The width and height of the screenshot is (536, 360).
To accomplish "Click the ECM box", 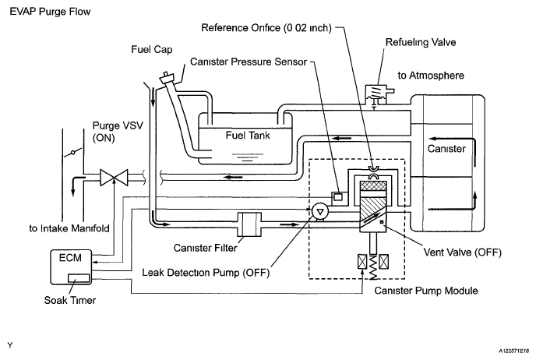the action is coord(71,266).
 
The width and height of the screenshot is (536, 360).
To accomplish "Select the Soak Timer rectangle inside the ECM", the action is coord(79,278).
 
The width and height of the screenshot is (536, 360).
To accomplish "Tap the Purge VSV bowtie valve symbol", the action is coord(114,178).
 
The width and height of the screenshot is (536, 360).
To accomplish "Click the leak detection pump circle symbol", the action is coord(320,212).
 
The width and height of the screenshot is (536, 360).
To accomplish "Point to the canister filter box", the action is coord(249,224).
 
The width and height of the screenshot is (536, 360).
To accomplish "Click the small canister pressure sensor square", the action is coord(338,197).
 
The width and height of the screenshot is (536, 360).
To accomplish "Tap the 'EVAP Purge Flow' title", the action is coord(50,12).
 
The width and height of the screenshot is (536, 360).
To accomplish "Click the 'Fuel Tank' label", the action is coord(248,136).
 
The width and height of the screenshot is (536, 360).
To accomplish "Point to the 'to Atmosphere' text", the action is coord(431,76).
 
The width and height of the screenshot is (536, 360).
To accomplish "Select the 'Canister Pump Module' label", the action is coord(426,291).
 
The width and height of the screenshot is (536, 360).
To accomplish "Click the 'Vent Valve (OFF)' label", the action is coord(463,252).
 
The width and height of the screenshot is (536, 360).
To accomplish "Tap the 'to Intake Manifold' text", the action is coord(69,228).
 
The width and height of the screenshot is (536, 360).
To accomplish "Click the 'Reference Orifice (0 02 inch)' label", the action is coord(266,28).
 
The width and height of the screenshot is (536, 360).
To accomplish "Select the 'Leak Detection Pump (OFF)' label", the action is coord(206,273).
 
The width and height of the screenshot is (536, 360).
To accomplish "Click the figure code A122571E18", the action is coord(513,351).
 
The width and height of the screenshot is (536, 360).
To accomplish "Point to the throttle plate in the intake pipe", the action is coord(72,153).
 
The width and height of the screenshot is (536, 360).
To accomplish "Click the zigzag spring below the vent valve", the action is coord(372,266).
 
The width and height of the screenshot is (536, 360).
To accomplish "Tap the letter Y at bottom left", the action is coord(9,345).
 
